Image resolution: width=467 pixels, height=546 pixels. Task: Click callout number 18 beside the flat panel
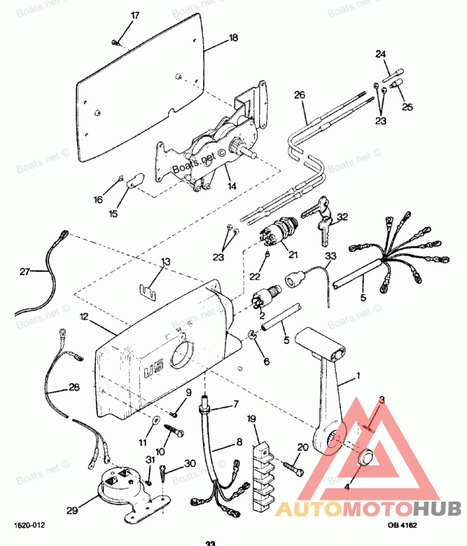233,38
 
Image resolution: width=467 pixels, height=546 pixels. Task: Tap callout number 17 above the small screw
135,16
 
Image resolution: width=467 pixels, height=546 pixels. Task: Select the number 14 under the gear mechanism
232,186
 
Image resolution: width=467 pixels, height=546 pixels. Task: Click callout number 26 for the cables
299,95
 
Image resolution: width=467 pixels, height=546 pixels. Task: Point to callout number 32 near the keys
342,217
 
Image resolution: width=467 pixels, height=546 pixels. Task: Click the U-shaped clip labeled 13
152,288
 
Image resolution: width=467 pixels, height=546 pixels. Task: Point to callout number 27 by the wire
25,271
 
